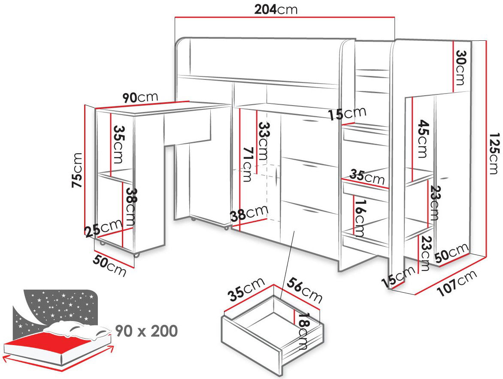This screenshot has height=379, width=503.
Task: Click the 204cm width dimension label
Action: (276, 9)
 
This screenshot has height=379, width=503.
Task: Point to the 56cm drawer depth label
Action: (304, 290)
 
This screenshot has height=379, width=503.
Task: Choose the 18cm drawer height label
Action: (303, 332)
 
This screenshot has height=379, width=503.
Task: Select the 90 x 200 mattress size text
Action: (146, 331)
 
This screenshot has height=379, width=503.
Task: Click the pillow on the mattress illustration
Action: (77, 329)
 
